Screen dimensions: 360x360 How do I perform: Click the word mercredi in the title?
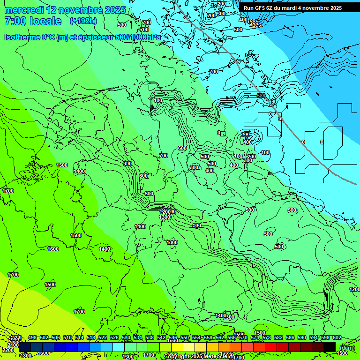pyautogui.click(x=23, y=10)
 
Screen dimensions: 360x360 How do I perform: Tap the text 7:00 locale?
pyautogui.click(x=33, y=21)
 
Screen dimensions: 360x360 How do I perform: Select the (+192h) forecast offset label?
pyautogui.click(x=83, y=21)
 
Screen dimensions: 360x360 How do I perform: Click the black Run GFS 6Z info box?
pyautogui.click(x=292, y=8)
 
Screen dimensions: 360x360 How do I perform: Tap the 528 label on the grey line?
pyautogui.click(x=261, y=96)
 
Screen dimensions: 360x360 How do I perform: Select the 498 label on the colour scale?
pyautogui.click(x=32, y=338)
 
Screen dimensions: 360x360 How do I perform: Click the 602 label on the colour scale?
pyautogui.click(x=337, y=338)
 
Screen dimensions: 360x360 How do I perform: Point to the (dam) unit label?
pyautogui.click(x=346, y=347)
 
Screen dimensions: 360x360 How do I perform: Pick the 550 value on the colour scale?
pyautogui.click(x=185, y=338)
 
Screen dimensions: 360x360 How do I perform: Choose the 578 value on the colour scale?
pyautogui.click(x=267, y=338)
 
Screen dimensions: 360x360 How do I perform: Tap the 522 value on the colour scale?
pyautogui.click(x=103, y=338)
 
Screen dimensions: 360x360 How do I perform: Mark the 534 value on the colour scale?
pyautogui.click(x=138, y=338)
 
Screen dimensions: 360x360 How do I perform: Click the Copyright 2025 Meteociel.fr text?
pyautogui.click(x=199, y=356)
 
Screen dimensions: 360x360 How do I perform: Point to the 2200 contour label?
pyautogui.click(x=8, y=350)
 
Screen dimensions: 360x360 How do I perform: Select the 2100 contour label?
pyautogui.click(x=14, y=345)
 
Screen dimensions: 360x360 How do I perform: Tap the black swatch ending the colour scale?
pyautogui.click(x=330, y=347)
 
